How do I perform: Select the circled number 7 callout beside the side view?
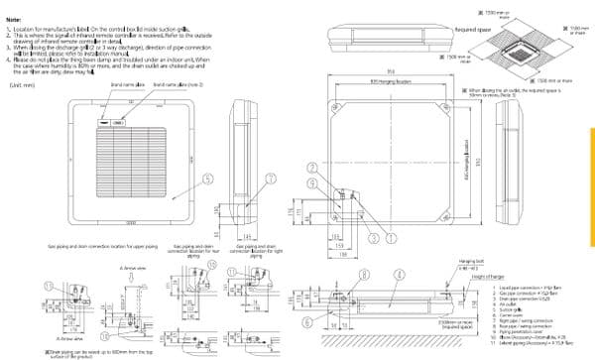coord(271,179)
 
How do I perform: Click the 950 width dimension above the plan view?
coord(394,71)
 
